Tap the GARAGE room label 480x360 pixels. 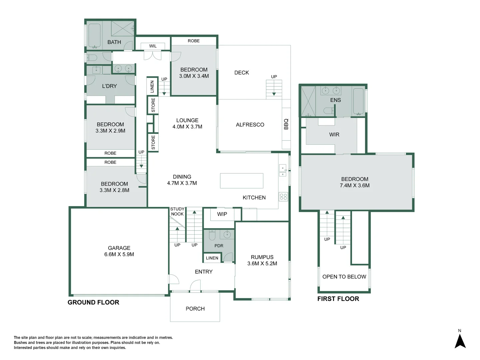tap(119, 248)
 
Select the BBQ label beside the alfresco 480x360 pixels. tap(286, 124)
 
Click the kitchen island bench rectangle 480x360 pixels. tap(242, 181)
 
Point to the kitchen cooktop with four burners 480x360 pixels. tap(283, 197)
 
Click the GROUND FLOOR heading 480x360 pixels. tap(93, 302)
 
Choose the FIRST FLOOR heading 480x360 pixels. tap(338, 299)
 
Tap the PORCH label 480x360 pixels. tap(195, 309)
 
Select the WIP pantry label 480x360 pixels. tap(222, 214)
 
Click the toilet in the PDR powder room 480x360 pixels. tap(212, 235)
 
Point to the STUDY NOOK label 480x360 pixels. tap(177, 211)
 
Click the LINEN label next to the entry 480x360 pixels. tap(212, 258)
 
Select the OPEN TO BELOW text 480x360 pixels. tap(344, 277)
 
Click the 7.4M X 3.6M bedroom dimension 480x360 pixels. tap(355, 185)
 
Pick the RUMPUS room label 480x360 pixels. tap(262, 257)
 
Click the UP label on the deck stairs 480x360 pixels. tap(274, 77)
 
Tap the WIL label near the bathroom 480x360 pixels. tap(153, 46)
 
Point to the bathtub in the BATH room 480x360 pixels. tap(94, 35)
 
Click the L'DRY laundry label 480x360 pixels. tap(109, 86)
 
